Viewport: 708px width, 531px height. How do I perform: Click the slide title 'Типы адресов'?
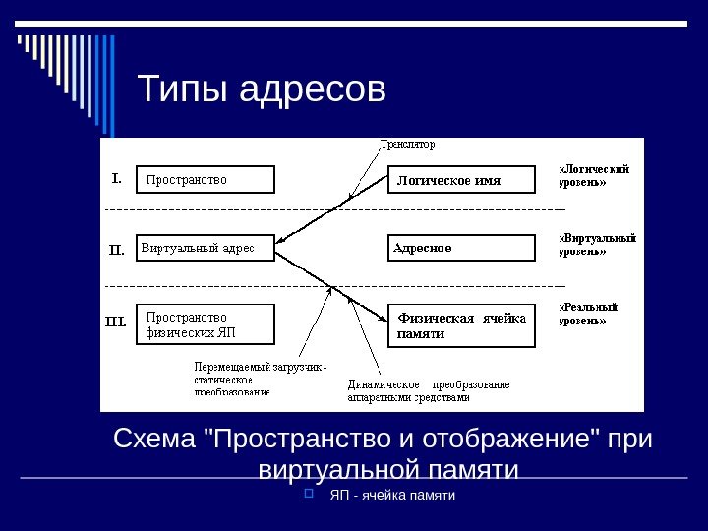click(x=262, y=90)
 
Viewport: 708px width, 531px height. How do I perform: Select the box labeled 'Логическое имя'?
click(x=463, y=180)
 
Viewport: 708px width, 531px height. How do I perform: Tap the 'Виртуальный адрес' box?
click(x=205, y=248)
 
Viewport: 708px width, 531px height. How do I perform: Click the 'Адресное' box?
click(x=463, y=248)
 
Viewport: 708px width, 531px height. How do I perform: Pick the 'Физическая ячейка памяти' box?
click(x=463, y=325)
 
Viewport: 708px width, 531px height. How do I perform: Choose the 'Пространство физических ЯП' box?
click(x=205, y=324)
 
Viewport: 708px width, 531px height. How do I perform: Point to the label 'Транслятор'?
click(x=408, y=145)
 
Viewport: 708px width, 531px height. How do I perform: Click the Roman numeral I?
click(x=115, y=179)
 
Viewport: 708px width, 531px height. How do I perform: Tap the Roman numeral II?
click(x=116, y=249)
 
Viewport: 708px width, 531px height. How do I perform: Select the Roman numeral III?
click(x=116, y=321)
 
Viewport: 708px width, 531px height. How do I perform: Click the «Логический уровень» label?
click(x=595, y=174)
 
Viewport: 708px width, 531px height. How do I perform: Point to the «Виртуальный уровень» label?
click(x=597, y=244)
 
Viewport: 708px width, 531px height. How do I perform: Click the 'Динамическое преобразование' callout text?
click(x=428, y=390)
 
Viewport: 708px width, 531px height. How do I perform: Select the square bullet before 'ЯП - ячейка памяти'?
click(x=309, y=493)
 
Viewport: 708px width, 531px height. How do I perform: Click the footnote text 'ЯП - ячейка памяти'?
click(x=392, y=494)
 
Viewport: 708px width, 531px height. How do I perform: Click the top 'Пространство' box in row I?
click(x=205, y=180)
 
